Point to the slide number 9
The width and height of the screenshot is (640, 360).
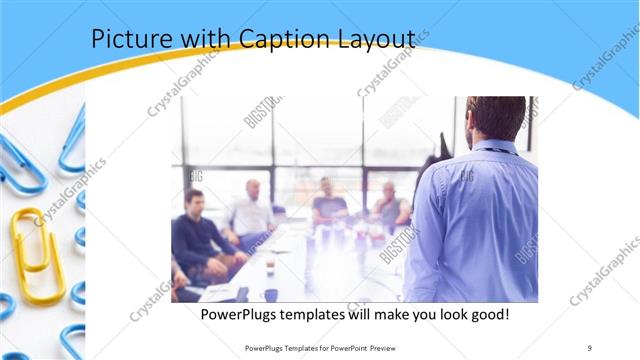[x=590, y=347]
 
